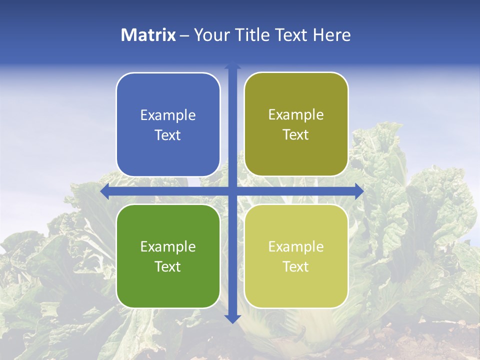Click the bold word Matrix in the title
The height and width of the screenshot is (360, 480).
coord(148,35)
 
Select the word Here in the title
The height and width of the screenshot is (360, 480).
coord(332,35)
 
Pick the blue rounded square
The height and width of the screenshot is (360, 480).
coord(168,124)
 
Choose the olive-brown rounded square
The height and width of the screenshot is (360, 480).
coord(296,124)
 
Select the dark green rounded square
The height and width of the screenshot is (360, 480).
coord(168,256)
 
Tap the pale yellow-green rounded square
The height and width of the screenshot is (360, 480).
coord(296,256)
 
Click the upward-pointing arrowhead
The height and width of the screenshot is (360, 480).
coord(232,65)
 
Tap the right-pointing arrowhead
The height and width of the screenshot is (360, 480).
coord(359,191)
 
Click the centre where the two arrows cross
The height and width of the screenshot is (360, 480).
coord(232,191)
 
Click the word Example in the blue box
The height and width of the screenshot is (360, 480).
coord(168,115)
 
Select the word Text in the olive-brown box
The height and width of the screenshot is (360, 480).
coord(296,134)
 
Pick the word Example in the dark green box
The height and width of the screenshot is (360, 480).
coord(168,246)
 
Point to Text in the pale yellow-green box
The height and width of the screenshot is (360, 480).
coord(296,266)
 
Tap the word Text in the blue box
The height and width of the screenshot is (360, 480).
coord(168,135)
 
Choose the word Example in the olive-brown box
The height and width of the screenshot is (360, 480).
coord(296,114)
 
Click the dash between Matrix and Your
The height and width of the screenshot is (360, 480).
coord(184,35)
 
